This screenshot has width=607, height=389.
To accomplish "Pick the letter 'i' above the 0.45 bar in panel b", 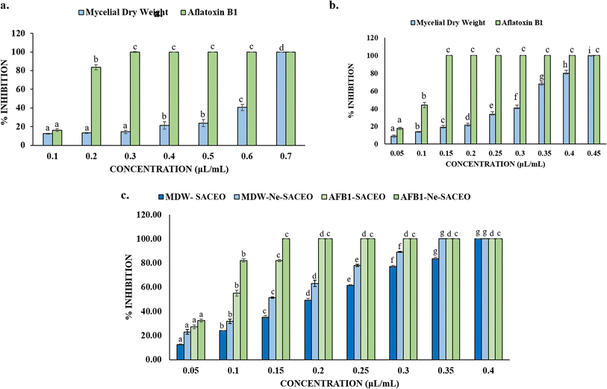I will point(589,50).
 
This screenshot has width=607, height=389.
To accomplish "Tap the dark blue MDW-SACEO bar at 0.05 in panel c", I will point(180,352).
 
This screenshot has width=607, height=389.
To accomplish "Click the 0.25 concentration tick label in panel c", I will point(379,369).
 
